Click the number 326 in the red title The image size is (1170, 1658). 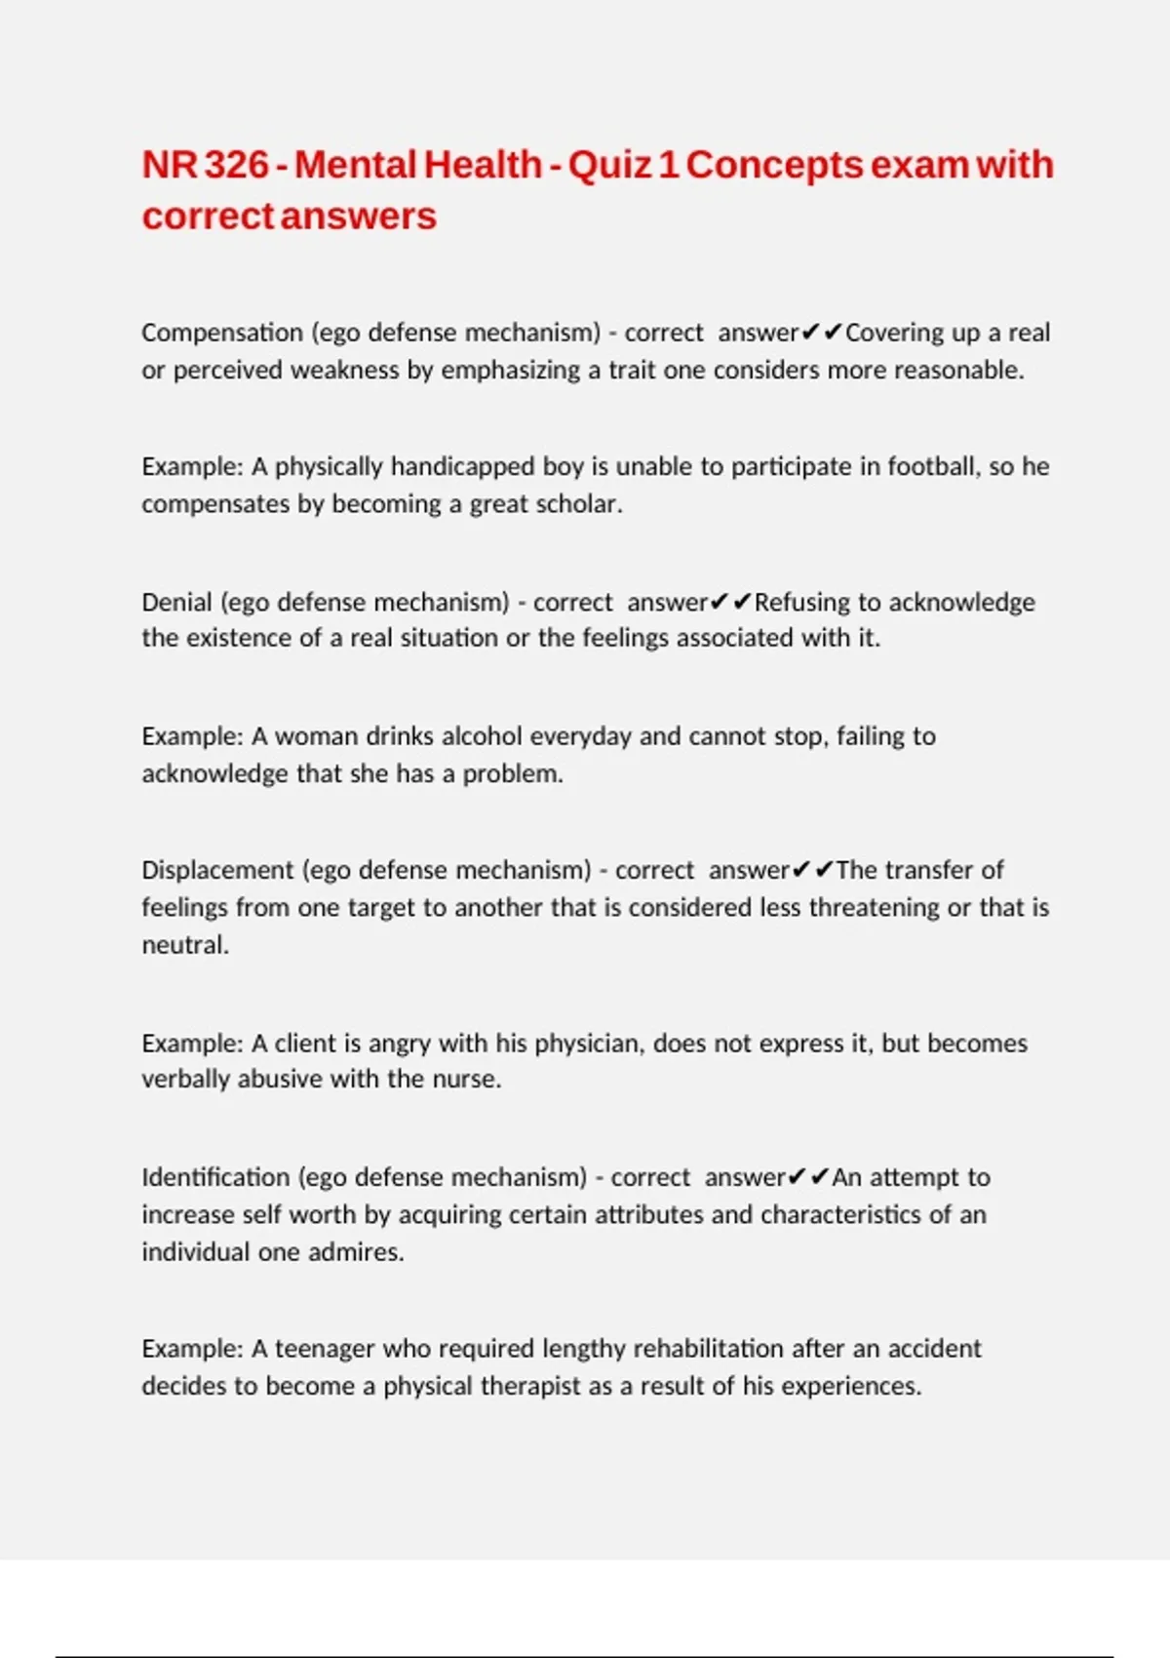[x=236, y=165]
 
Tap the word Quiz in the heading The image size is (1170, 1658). [x=609, y=165]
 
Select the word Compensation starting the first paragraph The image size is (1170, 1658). [x=222, y=333]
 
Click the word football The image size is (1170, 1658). [x=931, y=466]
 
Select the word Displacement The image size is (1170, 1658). [x=217, y=870]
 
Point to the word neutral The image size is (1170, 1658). [x=185, y=945]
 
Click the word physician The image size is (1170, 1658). [x=589, y=1044]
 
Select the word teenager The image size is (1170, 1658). [x=325, y=1349]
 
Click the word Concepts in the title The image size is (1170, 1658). [x=774, y=165]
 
